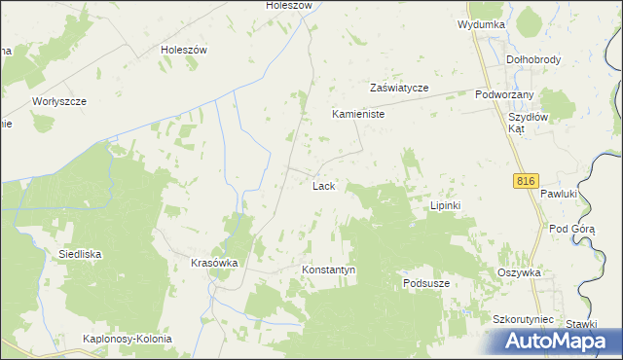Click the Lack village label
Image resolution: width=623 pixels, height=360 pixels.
[x=324, y=185]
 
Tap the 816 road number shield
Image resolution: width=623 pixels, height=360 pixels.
[x=526, y=180]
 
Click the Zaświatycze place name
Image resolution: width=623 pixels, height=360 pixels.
[x=399, y=87]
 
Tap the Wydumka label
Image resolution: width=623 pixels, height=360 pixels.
[x=480, y=24]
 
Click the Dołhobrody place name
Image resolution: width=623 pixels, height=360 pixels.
[x=534, y=59]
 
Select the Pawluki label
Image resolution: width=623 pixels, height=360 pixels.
[x=560, y=194]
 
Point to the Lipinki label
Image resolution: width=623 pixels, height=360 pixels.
[x=451, y=206]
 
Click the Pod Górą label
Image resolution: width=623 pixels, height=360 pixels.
[x=571, y=229]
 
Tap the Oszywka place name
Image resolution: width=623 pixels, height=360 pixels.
[x=519, y=273]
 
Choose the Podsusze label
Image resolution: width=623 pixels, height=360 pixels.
[x=425, y=283]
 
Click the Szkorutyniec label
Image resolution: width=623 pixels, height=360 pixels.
[x=523, y=319]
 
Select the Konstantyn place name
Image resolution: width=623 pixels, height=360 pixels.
[x=329, y=270]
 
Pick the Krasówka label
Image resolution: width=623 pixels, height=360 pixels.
[x=215, y=263]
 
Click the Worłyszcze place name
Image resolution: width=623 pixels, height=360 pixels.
[x=60, y=101]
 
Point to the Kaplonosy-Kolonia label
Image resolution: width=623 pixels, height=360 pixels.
[x=128, y=339]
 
